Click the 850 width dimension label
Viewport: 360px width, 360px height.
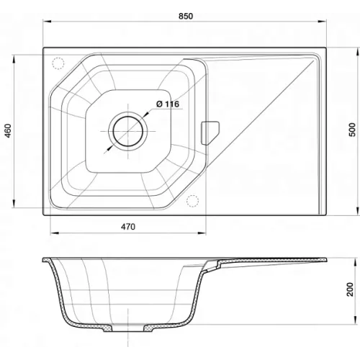click(x=186, y=16)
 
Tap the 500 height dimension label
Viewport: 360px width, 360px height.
click(x=352, y=130)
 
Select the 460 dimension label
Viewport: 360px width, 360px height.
click(x=9, y=131)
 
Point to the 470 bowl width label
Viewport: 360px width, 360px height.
click(x=128, y=227)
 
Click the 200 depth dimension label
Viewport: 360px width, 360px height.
click(x=351, y=289)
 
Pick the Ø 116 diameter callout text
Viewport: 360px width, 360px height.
click(x=168, y=104)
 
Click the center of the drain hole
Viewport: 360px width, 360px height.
click(x=128, y=131)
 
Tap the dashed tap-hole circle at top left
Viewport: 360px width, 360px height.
click(x=58, y=63)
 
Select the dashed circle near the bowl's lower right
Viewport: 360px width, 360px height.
click(x=192, y=201)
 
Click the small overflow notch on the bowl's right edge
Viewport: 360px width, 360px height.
click(x=210, y=133)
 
